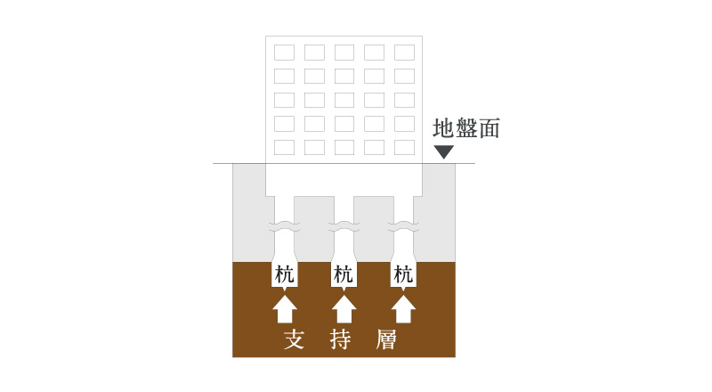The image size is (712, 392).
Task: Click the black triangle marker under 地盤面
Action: (443, 151)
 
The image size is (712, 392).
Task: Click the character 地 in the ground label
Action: (443, 128)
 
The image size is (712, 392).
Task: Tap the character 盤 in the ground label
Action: (466, 128)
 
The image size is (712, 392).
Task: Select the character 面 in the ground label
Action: (489, 128)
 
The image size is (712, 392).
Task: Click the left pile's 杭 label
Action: (284, 274)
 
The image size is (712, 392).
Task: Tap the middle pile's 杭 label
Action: (344, 274)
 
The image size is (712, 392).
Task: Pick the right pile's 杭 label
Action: (403, 274)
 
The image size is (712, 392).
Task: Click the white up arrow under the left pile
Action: (285, 309)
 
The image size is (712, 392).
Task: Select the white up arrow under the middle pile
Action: (344, 309)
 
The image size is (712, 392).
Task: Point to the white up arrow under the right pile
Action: (403, 309)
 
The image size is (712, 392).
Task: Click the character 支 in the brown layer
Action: (294, 339)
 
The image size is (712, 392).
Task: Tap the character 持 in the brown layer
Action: (340, 339)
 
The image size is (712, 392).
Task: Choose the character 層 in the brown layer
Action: (386, 339)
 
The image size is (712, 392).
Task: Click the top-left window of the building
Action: (284, 53)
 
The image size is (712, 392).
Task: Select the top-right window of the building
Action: (405, 53)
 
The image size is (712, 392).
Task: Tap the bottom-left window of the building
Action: (284, 147)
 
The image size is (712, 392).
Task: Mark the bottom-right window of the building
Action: (405, 147)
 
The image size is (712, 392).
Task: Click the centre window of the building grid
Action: (344, 100)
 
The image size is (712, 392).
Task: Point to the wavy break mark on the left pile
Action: (284, 226)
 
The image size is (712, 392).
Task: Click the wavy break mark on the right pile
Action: (404, 226)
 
